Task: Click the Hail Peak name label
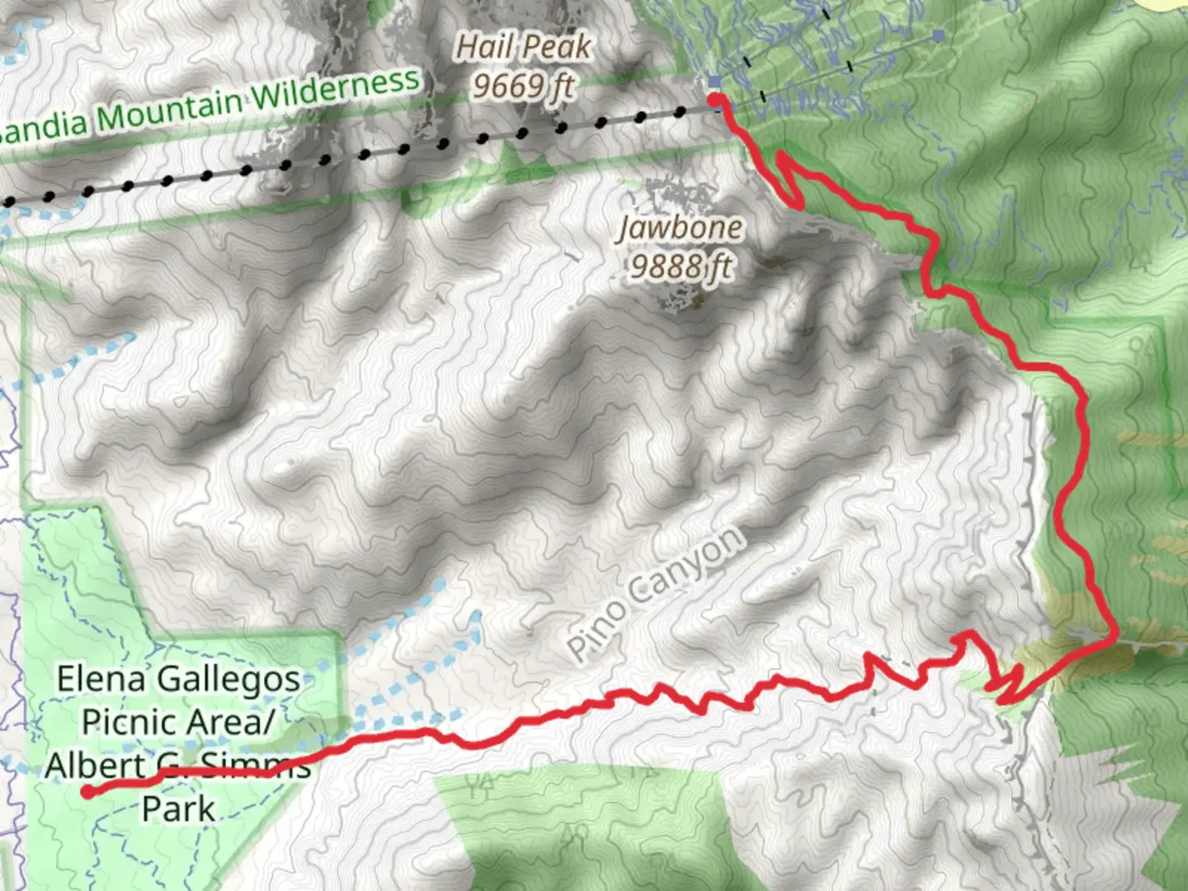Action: tap(524, 47)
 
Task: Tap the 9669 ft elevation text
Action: tap(522, 86)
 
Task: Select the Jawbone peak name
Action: tap(681, 228)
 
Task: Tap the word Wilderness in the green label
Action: tap(336, 90)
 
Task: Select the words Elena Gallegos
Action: tap(178, 679)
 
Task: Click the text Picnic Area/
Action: tap(177, 722)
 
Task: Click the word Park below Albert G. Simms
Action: tap(178, 808)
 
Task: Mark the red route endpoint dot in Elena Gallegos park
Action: tap(87, 792)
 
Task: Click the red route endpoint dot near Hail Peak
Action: tap(717, 100)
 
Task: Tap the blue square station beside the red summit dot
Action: tap(714, 82)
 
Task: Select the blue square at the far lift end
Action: tap(938, 35)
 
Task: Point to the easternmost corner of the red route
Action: tap(1115, 636)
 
